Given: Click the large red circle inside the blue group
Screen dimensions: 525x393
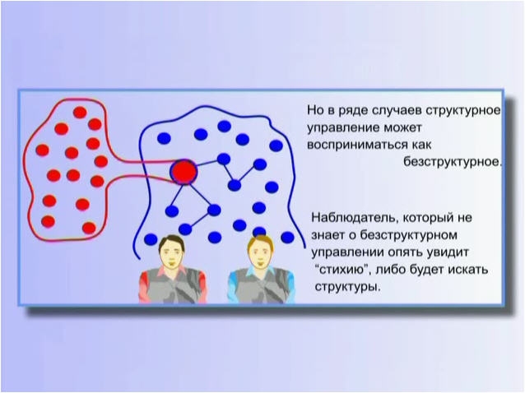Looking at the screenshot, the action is point(184,172).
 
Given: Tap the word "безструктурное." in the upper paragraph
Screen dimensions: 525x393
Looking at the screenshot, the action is point(453,162).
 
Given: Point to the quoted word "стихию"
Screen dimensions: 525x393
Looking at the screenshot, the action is point(341,269).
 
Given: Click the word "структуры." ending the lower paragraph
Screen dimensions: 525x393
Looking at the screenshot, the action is point(347,287).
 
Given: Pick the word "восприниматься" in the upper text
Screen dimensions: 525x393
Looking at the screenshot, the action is point(357,146).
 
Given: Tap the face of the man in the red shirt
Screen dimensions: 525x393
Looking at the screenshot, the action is point(171,252).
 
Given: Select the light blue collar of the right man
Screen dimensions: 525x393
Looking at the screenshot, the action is point(259,271).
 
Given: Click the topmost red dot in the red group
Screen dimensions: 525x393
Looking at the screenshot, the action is point(80,113).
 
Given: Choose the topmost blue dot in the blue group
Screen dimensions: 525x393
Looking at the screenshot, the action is point(224,126).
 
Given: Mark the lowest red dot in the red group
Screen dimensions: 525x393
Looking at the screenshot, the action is point(89,228).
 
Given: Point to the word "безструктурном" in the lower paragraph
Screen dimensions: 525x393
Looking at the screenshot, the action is point(408,235).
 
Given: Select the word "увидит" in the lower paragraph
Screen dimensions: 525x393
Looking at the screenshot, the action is point(448,252).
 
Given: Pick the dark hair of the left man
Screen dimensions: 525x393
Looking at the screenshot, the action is point(171,239).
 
